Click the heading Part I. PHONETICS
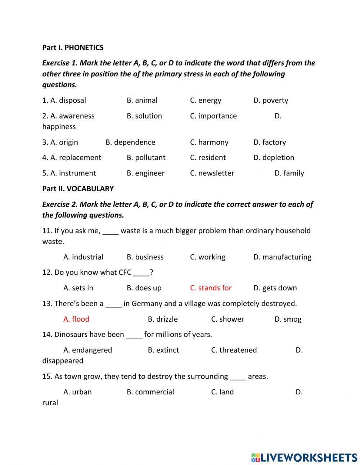[73, 48]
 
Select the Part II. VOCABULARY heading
[78, 189]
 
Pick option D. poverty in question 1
[271, 100]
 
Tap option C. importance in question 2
[213, 116]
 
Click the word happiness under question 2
[59, 127]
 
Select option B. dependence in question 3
[130, 142]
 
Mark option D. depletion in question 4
[274, 158]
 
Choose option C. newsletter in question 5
[212, 173]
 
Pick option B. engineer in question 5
[145, 173]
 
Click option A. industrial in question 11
[83, 257]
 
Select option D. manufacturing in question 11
[282, 257]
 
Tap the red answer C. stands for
[211, 288]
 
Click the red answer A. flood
[76, 319]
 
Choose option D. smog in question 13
[288, 319]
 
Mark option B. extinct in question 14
[163, 350]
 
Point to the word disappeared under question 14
[63, 361]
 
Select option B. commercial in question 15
[150, 392]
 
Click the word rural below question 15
[50, 403]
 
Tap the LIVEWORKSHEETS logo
[304, 457]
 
